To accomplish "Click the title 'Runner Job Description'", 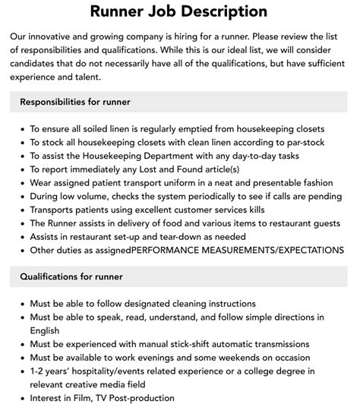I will (x=179, y=11).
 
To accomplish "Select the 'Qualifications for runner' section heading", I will (x=71, y=276).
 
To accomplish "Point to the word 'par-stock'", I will (x=300, y=142).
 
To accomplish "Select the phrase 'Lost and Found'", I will (x=174, y=169).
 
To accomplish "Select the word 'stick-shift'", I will (x=179, y=343).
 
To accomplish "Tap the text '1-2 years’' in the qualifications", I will (x=52, y=371).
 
